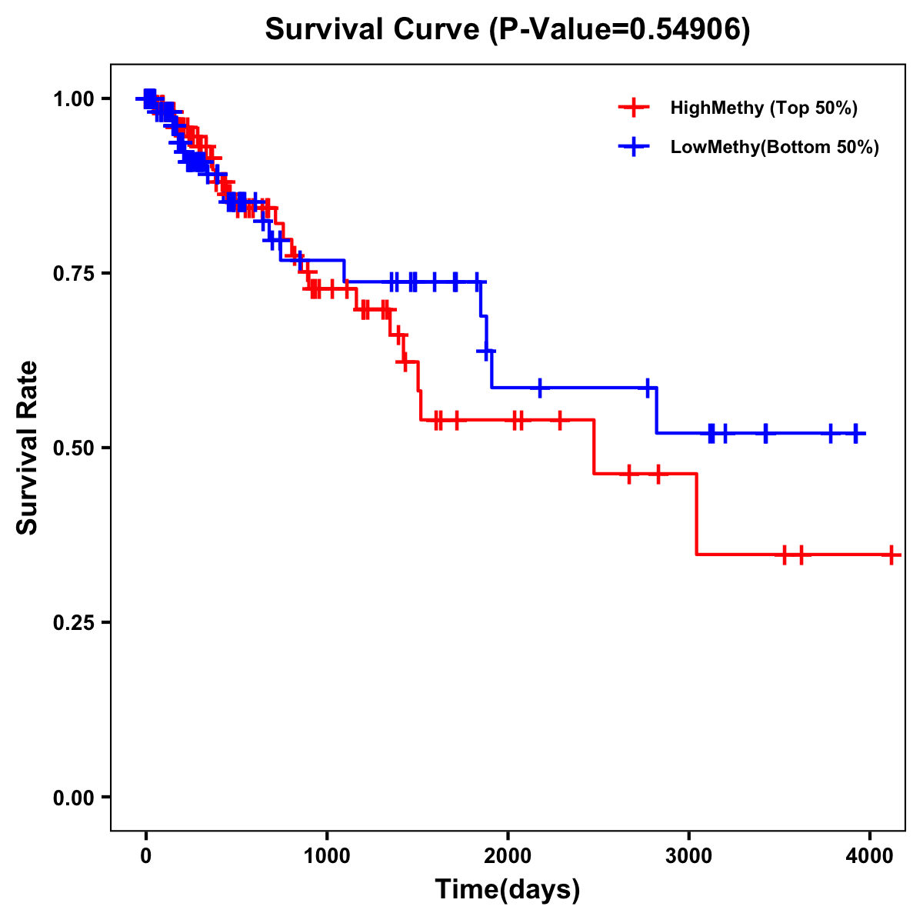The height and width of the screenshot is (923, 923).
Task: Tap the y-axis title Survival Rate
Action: click(x=28, y=448)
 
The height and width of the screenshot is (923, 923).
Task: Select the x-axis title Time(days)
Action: click(x=508, y=889)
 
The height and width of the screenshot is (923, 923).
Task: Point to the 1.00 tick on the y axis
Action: click(x=76, y=98)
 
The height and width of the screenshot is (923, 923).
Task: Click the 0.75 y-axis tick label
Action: click(x=76, y=273)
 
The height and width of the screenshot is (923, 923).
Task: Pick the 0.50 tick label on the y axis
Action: click(x=76, y=448)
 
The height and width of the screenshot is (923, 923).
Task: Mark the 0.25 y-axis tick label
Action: click(x=76, y=622)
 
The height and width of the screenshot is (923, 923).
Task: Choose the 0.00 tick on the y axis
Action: click(x=76, y=797)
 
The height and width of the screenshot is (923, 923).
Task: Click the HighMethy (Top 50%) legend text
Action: click(x=764, y=108)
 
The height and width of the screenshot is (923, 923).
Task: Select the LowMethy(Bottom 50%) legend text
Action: click(x=775, y=147)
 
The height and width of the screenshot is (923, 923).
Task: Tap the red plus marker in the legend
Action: click(x=633, y=108)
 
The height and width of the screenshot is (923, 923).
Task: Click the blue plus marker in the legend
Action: click(x=633, y=147)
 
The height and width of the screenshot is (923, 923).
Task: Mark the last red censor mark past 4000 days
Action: click(x=891, y=555)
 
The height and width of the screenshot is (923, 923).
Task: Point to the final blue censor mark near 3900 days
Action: click(x=855, y=434)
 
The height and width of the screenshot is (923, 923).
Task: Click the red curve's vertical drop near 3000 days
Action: click(x=696, y=514)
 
